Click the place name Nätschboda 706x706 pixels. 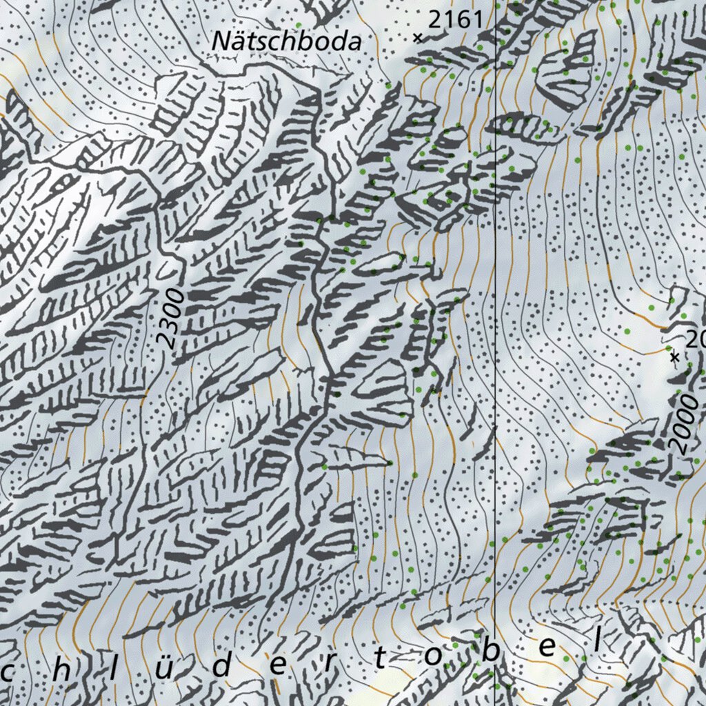pos(286,41)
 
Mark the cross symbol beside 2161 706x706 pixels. pos(417,38)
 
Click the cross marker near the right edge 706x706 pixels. pos(675,356)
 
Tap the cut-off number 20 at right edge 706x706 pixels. pos(696,339)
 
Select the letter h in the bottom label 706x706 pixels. pos(65,667)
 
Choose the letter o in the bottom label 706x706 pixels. pos(432,657)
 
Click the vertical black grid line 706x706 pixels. pos(496,345)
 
